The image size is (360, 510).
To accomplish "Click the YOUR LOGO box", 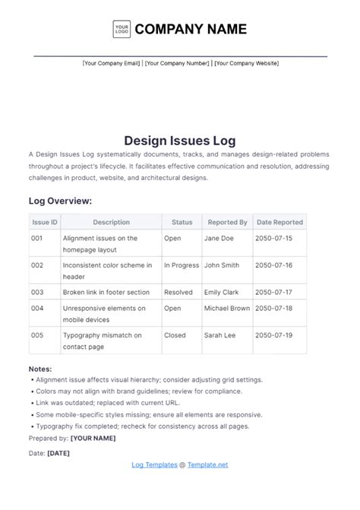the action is click(122, 30).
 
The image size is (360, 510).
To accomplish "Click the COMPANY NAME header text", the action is click(191, 30).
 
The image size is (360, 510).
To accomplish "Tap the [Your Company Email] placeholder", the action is click(111, 63).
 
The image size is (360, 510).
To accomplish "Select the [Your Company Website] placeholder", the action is click(246, 63).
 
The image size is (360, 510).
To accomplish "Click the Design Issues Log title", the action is click(180, 141).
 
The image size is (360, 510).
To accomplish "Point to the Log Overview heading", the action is click(60, 201).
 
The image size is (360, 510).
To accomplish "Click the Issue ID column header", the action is click(45, 222).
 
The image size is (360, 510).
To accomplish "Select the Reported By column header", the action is click(227, 222).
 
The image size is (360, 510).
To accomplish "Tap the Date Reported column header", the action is click(279, 222).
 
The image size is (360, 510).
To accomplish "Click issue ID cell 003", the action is click(37, 292).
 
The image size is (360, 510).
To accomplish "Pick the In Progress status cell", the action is click(181, 265).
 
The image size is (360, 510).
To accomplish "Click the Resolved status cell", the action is click(178, 292).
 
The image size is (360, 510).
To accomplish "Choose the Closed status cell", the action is click(175, 334).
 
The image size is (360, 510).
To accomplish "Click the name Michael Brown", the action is click(226, 309).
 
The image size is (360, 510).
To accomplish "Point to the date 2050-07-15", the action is click(274, 238).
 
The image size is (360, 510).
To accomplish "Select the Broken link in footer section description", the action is click(106, 292).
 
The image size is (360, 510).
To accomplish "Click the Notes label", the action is click(40, 369).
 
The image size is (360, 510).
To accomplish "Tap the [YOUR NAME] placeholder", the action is click(93, 438).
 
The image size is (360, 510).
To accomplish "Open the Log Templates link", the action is click(154, 464).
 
